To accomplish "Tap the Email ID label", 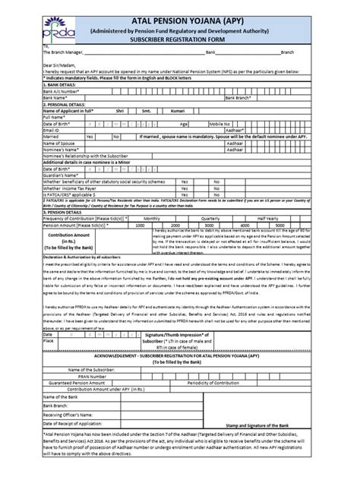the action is pos(35,130).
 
